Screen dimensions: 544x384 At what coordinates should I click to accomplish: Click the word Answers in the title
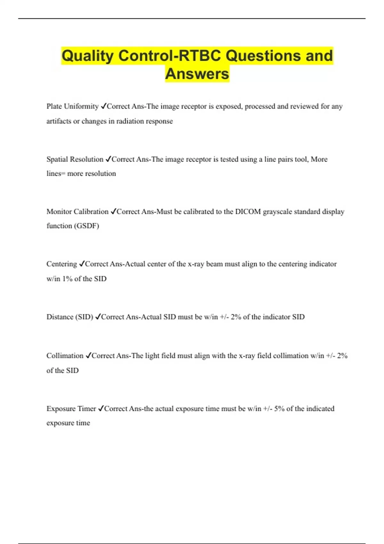point(197,74)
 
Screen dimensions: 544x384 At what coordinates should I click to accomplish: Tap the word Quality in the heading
point(87,56)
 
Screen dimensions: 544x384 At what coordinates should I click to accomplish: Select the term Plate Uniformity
point(72,106)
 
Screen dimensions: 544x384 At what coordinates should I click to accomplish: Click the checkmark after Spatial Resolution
point(108,159)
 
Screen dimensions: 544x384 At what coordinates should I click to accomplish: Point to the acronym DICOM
point(248,212)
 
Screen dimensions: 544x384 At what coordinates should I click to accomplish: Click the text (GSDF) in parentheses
point(86,226)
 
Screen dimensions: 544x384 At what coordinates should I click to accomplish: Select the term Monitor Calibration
point(77,212)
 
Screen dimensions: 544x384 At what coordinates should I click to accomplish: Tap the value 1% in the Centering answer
point(67,279)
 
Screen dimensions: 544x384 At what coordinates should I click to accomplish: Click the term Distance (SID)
point(70,317)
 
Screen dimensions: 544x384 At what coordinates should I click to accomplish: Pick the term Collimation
point(65,356)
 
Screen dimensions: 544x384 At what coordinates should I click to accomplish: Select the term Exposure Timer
point(71,409)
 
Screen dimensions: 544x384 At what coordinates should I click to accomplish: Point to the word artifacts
point(59,121)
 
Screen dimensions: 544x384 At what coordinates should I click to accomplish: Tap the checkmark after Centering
point(82,264)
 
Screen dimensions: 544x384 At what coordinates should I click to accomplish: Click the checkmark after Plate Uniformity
point(103,106)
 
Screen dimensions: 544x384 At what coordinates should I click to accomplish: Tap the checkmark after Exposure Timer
point(101,409)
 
